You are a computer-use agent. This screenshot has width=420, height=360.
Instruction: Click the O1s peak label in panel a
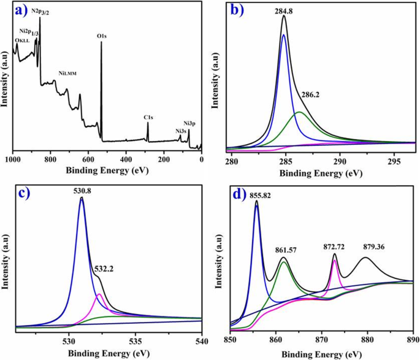102,36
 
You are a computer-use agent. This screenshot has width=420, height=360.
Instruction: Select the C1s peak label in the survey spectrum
148,117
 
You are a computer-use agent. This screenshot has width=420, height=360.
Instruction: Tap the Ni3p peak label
189,124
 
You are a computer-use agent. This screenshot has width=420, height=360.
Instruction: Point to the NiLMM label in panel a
67,73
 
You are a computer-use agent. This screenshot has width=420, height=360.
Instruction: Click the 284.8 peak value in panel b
283,10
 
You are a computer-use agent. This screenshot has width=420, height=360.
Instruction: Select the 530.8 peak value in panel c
82,191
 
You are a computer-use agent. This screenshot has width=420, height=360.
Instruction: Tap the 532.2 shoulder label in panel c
104,269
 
